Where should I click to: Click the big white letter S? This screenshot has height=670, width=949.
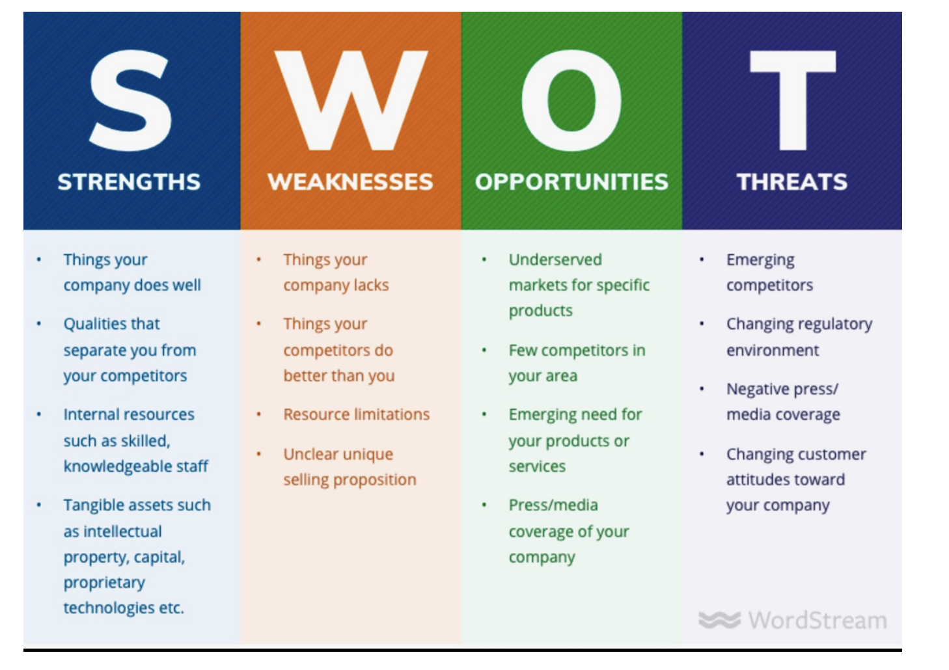130,100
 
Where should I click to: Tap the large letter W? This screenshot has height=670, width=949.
351,100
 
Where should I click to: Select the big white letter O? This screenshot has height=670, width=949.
571,100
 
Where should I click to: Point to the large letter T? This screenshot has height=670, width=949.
793,100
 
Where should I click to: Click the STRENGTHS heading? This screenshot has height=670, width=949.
129,182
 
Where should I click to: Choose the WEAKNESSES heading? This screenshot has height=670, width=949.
350,182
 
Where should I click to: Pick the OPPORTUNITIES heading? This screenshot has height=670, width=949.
571,182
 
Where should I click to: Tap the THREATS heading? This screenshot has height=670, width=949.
792,182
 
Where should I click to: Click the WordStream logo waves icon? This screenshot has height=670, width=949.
719,620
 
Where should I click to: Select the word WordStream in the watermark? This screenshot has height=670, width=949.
818,621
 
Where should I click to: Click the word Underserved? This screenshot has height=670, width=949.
555,260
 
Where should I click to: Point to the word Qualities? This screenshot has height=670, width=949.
111,325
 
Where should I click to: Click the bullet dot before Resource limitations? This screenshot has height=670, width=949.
259,414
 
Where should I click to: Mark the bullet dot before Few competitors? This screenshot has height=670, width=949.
484,350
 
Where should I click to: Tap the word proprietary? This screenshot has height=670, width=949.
104,583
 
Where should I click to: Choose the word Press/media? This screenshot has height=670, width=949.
553,505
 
